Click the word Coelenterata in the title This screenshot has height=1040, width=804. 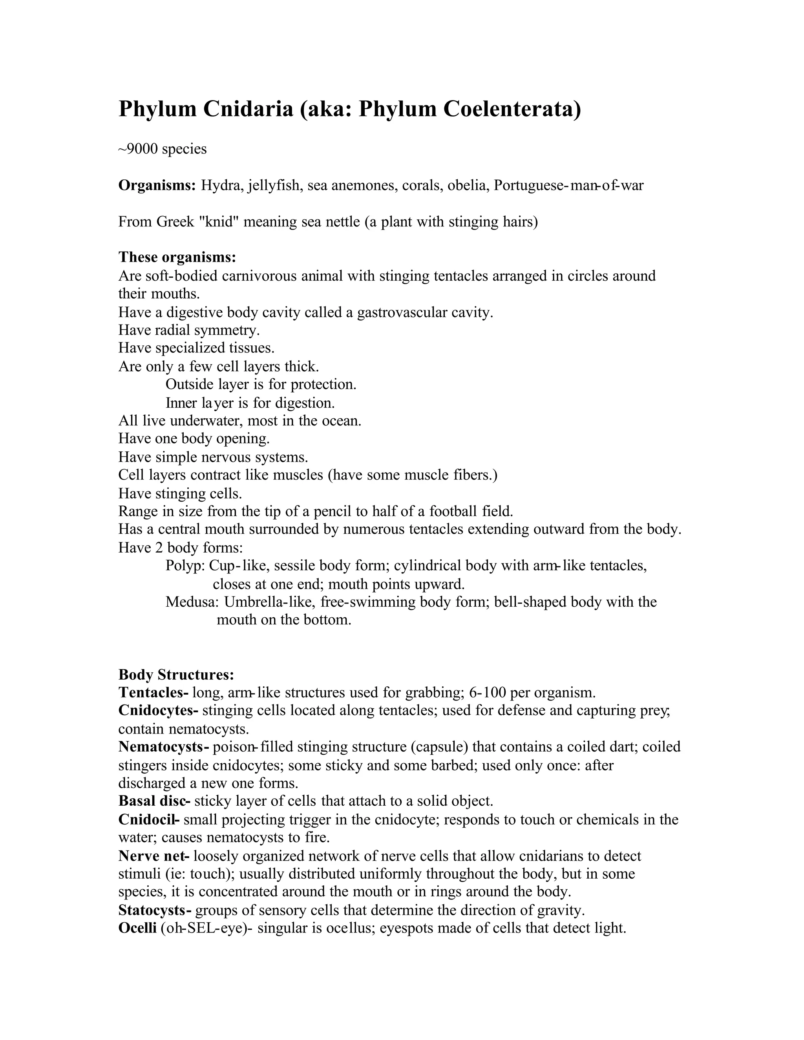point(512,109)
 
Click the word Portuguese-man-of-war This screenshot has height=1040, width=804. point(568,185)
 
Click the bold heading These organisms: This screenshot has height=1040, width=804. point(177,257)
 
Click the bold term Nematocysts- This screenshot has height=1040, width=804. point(163,747)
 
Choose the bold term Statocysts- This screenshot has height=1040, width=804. point(155,910)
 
